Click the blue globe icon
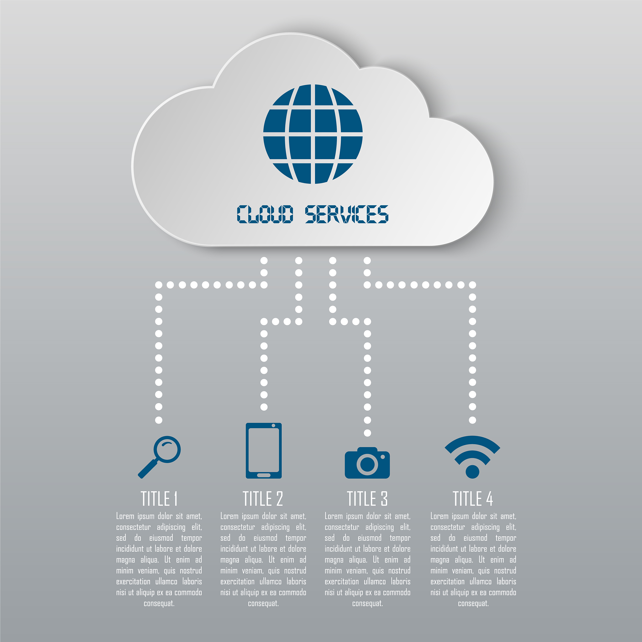click(x=313, y=134)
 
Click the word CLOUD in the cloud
click(x=265, y=214)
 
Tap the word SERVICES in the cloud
click(x=347, y=214)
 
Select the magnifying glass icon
click(x=159, y=457)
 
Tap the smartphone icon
click(x=264, y=450)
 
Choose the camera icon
click(x=367, y=463)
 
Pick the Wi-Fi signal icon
click(x=472, y=457)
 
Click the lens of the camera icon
click(x=367, y=464)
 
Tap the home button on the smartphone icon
click(x=264, y=475)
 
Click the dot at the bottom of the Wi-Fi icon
click(x=472, y=472)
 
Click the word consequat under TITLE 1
click(x=159, y=603)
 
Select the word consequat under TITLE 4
click(x=473, y=603)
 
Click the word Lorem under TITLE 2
click(x=229, y=516)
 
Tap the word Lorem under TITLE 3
click(x=334, y=516)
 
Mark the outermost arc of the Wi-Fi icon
click(x=472, y=439)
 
